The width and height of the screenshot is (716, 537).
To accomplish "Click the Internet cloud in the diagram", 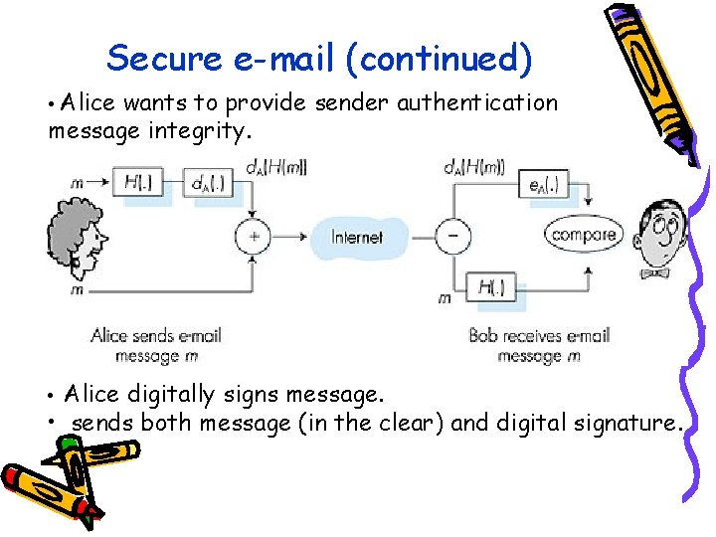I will click(x=357, y=237).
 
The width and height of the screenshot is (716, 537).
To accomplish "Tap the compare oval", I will click(x=584, y=235).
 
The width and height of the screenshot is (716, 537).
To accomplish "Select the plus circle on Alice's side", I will click(x=253, y=237).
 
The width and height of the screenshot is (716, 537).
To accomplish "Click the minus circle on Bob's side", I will click(x=452, y=237).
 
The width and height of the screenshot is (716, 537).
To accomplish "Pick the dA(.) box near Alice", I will click(x=210, y=183).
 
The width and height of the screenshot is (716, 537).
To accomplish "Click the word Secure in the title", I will click(x=164, y=58).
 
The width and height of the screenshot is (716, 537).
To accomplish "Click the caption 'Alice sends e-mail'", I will click(x=155, y=335).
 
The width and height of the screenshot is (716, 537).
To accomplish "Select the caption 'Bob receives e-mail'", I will click(x=539, y=335).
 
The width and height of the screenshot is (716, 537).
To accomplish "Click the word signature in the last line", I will click(x=626, y=423).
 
